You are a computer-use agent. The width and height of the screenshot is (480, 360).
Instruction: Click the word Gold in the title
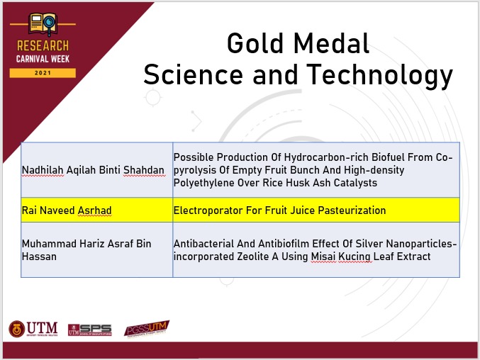[255, 43]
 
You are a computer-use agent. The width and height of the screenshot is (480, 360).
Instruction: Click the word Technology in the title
[379, 76]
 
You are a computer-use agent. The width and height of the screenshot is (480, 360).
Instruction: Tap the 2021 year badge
[43, 73]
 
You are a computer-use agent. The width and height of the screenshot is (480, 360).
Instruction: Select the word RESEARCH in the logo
[43, 46]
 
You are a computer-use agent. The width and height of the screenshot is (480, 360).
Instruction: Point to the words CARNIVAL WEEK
[43, 59]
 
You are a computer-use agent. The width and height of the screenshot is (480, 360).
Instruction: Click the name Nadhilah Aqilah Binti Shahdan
[93, 170]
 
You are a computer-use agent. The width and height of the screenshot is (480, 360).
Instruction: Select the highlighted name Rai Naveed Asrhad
[67, 210]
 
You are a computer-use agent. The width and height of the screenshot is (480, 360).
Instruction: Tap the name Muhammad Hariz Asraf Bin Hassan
[86, 250]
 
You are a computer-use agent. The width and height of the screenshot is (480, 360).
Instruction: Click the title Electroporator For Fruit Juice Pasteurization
[279, 210]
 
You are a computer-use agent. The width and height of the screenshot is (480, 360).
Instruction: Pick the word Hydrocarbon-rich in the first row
[326, 157]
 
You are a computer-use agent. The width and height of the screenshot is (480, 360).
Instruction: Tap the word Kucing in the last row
[355, 257]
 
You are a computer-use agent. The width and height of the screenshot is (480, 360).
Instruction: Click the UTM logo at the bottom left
[33, 329]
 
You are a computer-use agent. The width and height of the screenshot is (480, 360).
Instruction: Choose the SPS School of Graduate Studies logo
[90, 330]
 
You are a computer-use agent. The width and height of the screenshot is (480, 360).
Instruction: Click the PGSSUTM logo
[147, 328]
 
